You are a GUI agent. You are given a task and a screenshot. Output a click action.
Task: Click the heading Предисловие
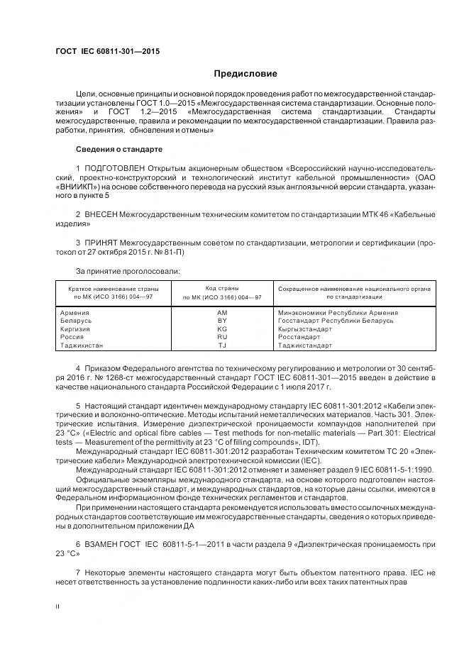245,74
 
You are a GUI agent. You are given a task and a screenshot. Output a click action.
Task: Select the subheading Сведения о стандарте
119,150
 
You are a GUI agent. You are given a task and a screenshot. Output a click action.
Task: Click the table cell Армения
75,313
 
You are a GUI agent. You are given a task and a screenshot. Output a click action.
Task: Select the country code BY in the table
221,321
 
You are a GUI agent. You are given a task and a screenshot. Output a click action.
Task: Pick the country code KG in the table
221,329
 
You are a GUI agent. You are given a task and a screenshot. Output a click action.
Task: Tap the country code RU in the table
221,337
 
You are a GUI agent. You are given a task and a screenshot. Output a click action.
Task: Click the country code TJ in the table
221,345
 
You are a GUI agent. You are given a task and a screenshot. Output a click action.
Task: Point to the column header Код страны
221,288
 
